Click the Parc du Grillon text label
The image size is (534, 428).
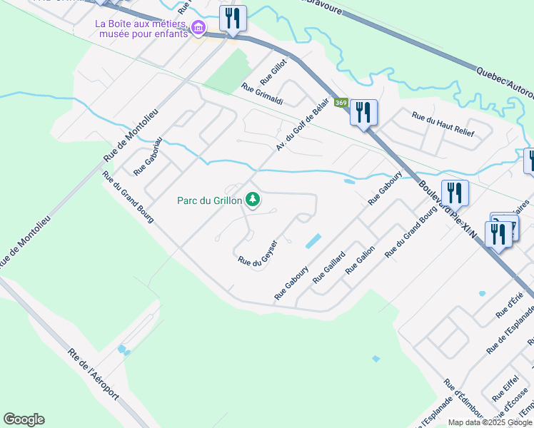209,200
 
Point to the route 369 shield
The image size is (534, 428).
341,103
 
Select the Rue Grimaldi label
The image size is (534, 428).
262,96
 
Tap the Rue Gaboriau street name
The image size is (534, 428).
148,156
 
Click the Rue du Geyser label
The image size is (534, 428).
257,255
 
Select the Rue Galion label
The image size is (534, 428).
360,260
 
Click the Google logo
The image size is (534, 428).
24,419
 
